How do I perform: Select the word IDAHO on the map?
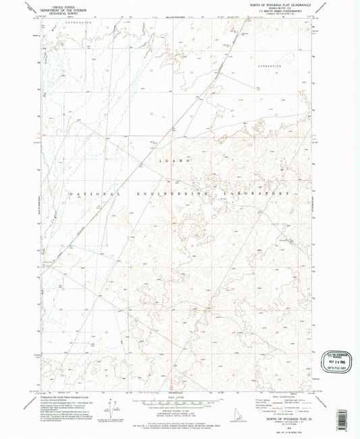(177, 162)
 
